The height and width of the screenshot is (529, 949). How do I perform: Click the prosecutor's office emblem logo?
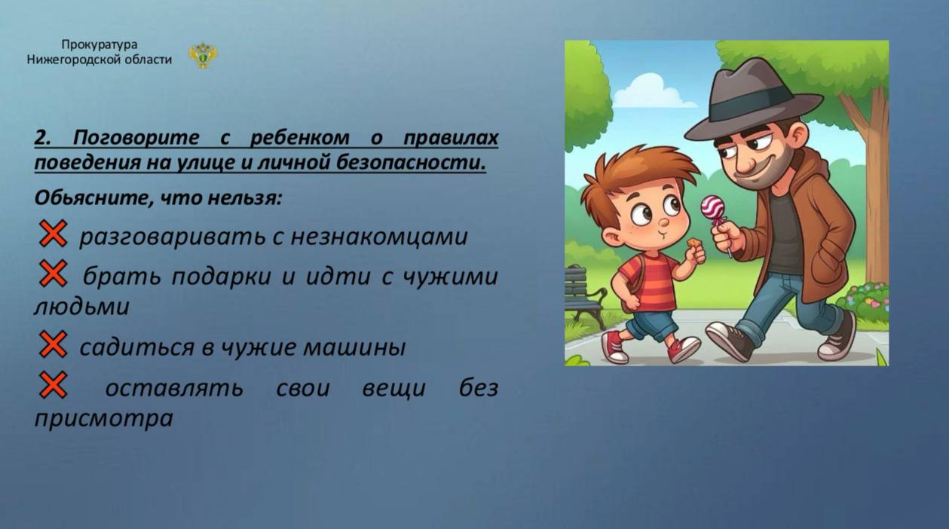[203, 55]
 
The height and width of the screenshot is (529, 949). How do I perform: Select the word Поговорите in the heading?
[136, 138]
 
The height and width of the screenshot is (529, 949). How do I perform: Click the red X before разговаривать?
[53, 234]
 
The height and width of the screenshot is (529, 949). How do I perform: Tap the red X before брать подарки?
[53, 274]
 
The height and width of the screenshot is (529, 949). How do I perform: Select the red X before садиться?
[53, 344]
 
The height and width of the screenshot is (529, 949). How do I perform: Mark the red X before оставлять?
[53, 385]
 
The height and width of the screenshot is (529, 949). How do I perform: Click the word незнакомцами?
[379, 237]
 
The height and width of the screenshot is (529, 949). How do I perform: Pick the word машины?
[355, 347]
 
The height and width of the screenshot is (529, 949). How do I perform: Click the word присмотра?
[104, 419]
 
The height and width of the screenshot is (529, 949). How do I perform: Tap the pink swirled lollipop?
[712, 207]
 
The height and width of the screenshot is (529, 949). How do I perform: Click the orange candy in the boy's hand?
[693, 245]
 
